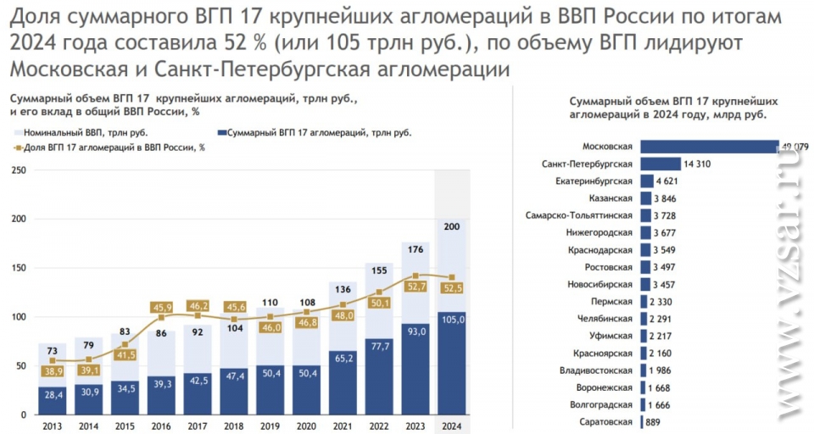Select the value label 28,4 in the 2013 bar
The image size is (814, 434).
[52, 395]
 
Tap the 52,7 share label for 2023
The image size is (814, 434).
[415, 287]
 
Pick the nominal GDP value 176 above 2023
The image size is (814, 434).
[415, 225]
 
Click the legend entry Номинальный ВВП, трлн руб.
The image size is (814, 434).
[81, 133]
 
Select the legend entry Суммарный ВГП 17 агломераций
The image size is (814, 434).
[314, 133]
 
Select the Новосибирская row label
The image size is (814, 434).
[600, 284]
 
